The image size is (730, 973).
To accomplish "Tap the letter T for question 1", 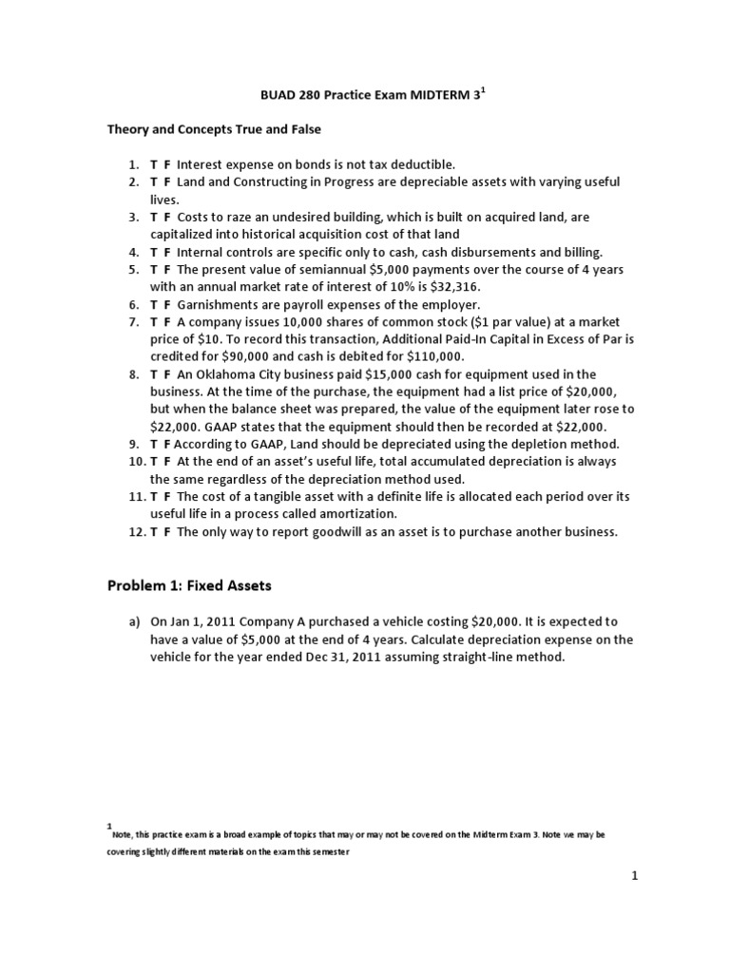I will coord(154,164).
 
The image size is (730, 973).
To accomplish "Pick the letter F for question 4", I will coord(167,252).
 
